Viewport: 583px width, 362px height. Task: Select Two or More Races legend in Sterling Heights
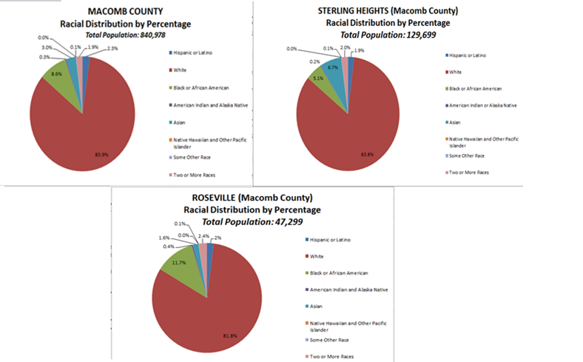pyautogui.click(x=468, y=172)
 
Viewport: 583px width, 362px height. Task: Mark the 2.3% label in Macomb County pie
pyautogui.click(x=111, y=48)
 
